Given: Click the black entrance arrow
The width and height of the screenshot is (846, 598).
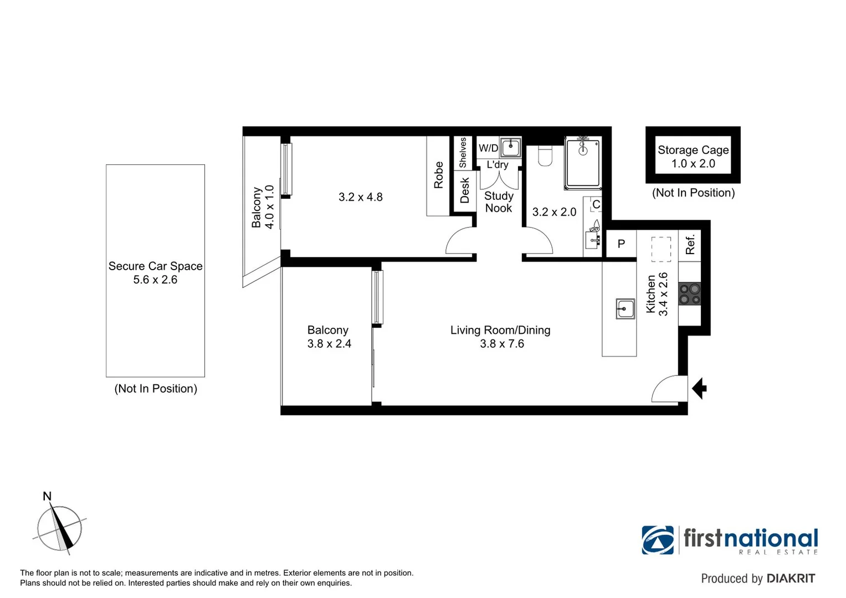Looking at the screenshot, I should coord(700,388).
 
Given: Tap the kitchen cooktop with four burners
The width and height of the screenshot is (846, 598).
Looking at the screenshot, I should coord(690,293).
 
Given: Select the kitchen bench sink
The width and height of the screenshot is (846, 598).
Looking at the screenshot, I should coord(625,308).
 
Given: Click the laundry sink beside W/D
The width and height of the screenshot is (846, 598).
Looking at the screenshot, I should coord(510,148).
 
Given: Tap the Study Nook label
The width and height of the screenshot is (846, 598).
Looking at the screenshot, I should coord(499,202).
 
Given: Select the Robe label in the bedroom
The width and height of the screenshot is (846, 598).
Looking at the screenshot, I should coord(438,176).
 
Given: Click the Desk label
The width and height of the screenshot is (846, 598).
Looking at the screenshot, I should coord(464,190).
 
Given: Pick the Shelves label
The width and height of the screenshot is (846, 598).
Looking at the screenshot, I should coord(463,152).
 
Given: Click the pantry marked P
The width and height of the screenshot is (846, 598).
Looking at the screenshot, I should coord(621,244).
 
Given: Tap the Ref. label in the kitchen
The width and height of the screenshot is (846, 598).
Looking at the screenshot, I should coord(690,244).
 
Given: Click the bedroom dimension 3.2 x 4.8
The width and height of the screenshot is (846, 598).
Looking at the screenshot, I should coord(360,197).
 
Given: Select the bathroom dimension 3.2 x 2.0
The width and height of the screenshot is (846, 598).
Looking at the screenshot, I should coord(554,212).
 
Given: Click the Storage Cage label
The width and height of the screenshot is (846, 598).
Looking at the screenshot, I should coord(693,150).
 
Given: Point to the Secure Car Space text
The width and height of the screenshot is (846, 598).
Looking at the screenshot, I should coord(155,266).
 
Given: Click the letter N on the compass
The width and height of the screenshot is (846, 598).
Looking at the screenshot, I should coord(48,497).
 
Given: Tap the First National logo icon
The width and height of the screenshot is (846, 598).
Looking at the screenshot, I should coord(658,540).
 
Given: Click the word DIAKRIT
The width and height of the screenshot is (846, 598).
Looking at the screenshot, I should coord(791,579).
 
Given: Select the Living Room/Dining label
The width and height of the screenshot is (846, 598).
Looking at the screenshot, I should coord(500,331).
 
